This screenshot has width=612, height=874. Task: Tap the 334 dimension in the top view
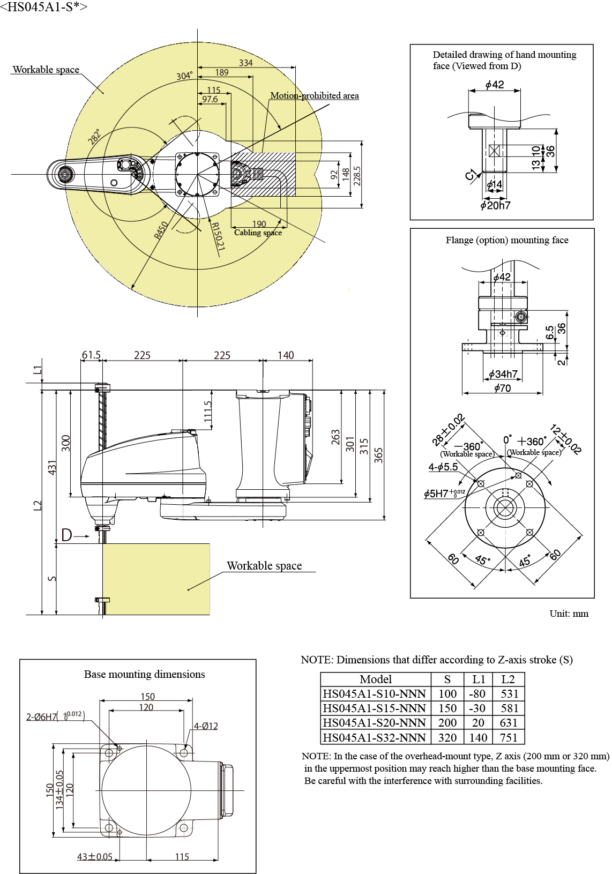[245, 63]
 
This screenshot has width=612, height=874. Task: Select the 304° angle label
[184, 76]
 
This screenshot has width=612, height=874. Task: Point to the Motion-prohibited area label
[314, 95]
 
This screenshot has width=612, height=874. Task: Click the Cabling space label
[258, 233]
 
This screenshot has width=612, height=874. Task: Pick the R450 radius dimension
[161, 230]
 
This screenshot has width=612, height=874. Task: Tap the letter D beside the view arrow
[66, 535]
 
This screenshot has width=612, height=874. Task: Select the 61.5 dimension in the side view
[91, 355]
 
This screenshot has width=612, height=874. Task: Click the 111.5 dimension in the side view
[208, 411]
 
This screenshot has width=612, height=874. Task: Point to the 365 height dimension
[378, 455]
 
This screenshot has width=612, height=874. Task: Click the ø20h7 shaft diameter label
[496, 205]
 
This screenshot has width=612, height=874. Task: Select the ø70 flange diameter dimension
[502, 388]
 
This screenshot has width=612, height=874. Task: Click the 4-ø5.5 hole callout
[443, 467]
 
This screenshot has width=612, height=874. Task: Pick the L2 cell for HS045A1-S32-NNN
[508, 737]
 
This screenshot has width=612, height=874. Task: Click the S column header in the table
[447, 679]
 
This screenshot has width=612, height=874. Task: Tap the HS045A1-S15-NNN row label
[374, 708]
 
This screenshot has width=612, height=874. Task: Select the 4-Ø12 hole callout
[206, 726]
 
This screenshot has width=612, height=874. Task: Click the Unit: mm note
[569, 614]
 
